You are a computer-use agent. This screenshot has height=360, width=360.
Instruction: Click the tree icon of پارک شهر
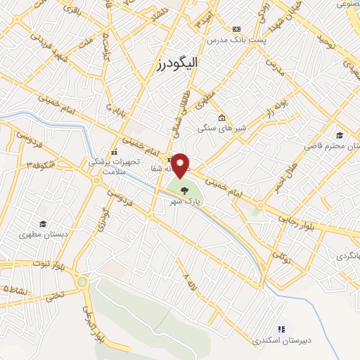[184, 190]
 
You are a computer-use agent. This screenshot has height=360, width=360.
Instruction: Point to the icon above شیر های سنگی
[221, 117]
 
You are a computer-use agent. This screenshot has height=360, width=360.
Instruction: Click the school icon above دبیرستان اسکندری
[282, 328]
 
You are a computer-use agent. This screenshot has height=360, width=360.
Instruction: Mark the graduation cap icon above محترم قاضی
[340, 135]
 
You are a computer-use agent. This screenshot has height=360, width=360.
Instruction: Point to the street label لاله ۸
[188, 283]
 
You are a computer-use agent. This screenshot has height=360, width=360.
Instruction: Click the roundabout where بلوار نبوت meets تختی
[82, 283]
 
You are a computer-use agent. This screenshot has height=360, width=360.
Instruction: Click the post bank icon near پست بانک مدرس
[236, 29]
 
